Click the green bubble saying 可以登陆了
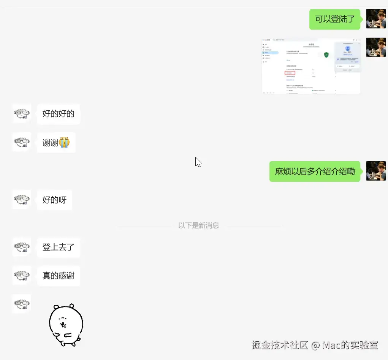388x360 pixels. pyautogui.click(x=335, y=19)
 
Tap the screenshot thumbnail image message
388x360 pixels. pyautogui.click(x=311, y=66)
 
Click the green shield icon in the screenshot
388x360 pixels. pyautogui.click(x=326, y=55)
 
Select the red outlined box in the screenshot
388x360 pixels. pyautogui.click(x=290, y=73)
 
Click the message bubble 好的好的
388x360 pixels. pyautogui.click(x=59, y=114)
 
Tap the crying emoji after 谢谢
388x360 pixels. pyautogui.click(x=64, y=143)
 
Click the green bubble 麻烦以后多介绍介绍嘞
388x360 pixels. pyautogui.click(x=315, y=171)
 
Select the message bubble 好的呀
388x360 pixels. pyautogui.click(x=55, y=200)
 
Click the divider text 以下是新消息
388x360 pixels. pyautogui.click(x=198, y=225)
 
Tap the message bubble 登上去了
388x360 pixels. pyautogui.click(x=59, y=247)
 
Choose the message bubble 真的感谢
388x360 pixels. pyautogui.click(x=59, y=276)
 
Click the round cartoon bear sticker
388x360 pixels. pyautogui.click(x=66, y=325)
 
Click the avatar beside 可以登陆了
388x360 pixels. pyautogui.click(x=376, y=19)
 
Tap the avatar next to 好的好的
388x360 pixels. pyautogui.click(x=22, y=114)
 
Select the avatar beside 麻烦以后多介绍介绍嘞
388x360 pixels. pyautogui.click(x=376, y=171)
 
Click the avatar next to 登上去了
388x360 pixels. pyautogui.click(x=22, y=247)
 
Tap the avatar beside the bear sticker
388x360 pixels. pyautogui.click(x=22, y=303)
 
